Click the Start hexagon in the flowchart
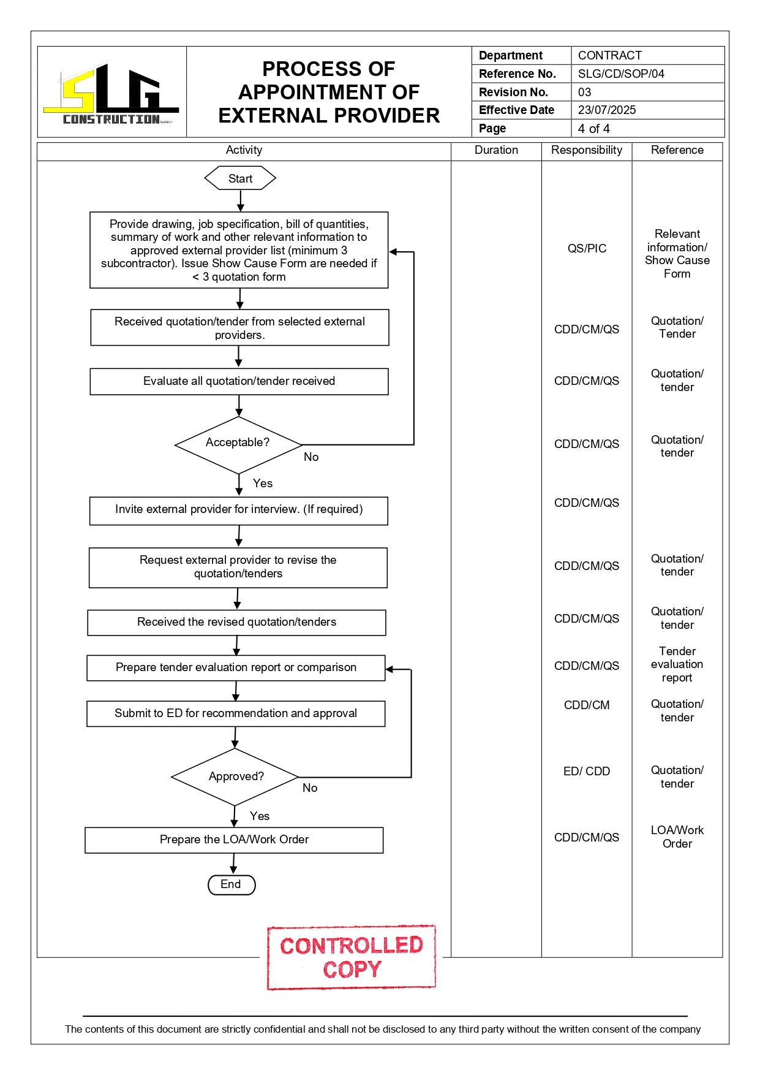click(240, 178)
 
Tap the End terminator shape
click(231, 884)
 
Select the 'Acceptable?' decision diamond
click(238, 444)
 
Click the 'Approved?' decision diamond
click(235, 777)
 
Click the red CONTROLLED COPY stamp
click(352, 957)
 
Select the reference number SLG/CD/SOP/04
click(621, 74)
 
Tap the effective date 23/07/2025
click(607, 110)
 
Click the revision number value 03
click(585, 92)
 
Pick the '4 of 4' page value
click(593, 128)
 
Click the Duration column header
click(496, 150)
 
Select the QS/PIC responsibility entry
click(587, 248)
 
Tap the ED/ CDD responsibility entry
click(587, 771)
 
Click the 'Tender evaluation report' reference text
click(677, 664)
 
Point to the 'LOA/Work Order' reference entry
click(677, 837)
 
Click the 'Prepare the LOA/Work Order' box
click(234, 840)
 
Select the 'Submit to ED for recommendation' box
click(236, 713)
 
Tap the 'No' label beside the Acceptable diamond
click(311, 457)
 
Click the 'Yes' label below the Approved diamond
click(260, 816)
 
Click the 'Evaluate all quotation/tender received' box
click(239, 381)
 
